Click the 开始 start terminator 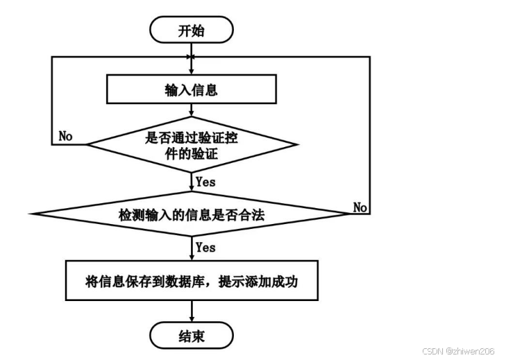click(191, 30)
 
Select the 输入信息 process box click(191, 89)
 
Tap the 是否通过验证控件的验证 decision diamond click(191, 145)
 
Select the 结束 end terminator click(191, 336)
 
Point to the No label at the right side click(360, 207)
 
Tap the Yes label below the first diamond click(205, 182)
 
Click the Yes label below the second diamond click(205, 247)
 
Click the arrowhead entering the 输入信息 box click(191, 71)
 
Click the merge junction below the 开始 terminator click(191, 56)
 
